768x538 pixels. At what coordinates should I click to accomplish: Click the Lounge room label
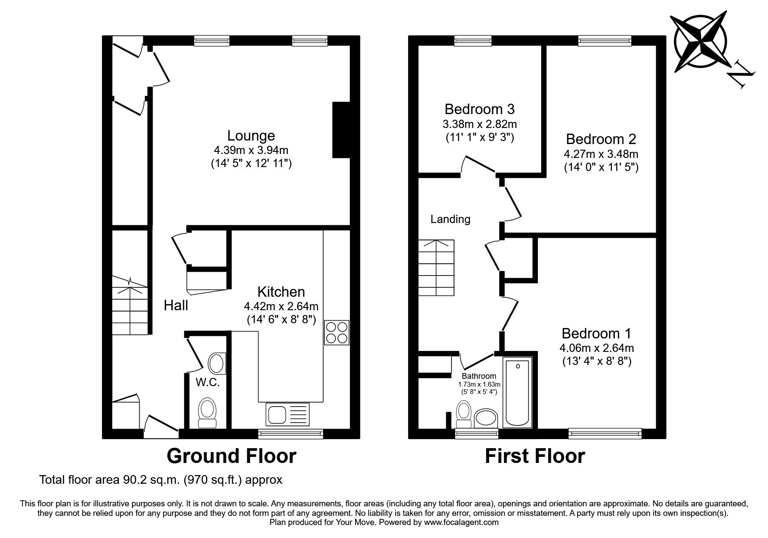tap(251, 136)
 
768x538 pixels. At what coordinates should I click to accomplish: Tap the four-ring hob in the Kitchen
tap(337, 333)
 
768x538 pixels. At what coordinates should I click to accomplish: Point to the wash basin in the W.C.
tap(217, 364)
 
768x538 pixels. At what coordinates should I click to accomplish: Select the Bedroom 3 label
tap(479, 108)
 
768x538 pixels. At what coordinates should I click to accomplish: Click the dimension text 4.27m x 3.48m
tap(601, 154)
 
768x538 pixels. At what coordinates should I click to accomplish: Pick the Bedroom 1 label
tap(596, 333)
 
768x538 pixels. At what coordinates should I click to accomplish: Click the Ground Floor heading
tap(232, 456)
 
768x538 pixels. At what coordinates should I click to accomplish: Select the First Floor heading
tap(534, 456)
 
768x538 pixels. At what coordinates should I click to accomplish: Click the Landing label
tap(450, 219)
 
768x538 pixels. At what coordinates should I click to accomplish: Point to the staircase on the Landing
tap(436, 268)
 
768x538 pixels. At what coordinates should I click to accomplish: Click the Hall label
tap(176, 305)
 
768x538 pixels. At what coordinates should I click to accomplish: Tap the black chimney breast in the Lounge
tap(341, 130)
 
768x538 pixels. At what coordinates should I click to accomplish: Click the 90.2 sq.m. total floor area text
tap(160, 480)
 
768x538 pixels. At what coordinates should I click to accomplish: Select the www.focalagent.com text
tap(461, 522)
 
